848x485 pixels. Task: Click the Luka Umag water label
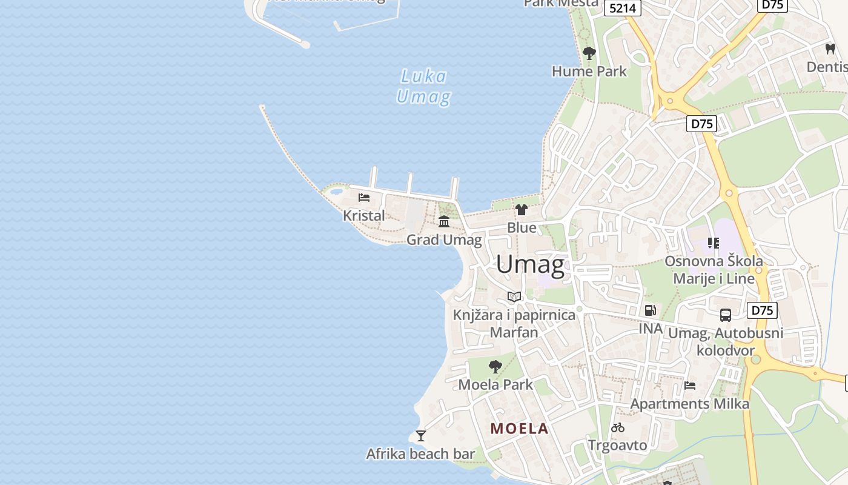423,86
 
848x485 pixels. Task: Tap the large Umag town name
531,265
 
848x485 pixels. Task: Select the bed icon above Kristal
364,198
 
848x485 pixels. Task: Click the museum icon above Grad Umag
444,221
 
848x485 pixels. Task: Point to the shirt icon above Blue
522,210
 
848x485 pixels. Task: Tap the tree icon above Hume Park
589,53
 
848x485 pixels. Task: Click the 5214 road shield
622,7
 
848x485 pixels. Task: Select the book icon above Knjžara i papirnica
514,297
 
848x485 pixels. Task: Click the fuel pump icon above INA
651,310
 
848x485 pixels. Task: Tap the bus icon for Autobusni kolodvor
725,315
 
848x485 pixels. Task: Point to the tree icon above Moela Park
495,366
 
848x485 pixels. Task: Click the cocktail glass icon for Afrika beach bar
421,435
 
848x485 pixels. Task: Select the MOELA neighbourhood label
519,429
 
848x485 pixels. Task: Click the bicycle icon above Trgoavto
618,427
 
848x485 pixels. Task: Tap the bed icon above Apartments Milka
689,386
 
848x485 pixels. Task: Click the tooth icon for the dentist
830,48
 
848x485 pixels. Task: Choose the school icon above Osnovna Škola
714,243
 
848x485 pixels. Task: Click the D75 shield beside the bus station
762,310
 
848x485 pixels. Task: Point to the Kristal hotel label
363,215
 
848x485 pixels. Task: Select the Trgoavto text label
617,446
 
